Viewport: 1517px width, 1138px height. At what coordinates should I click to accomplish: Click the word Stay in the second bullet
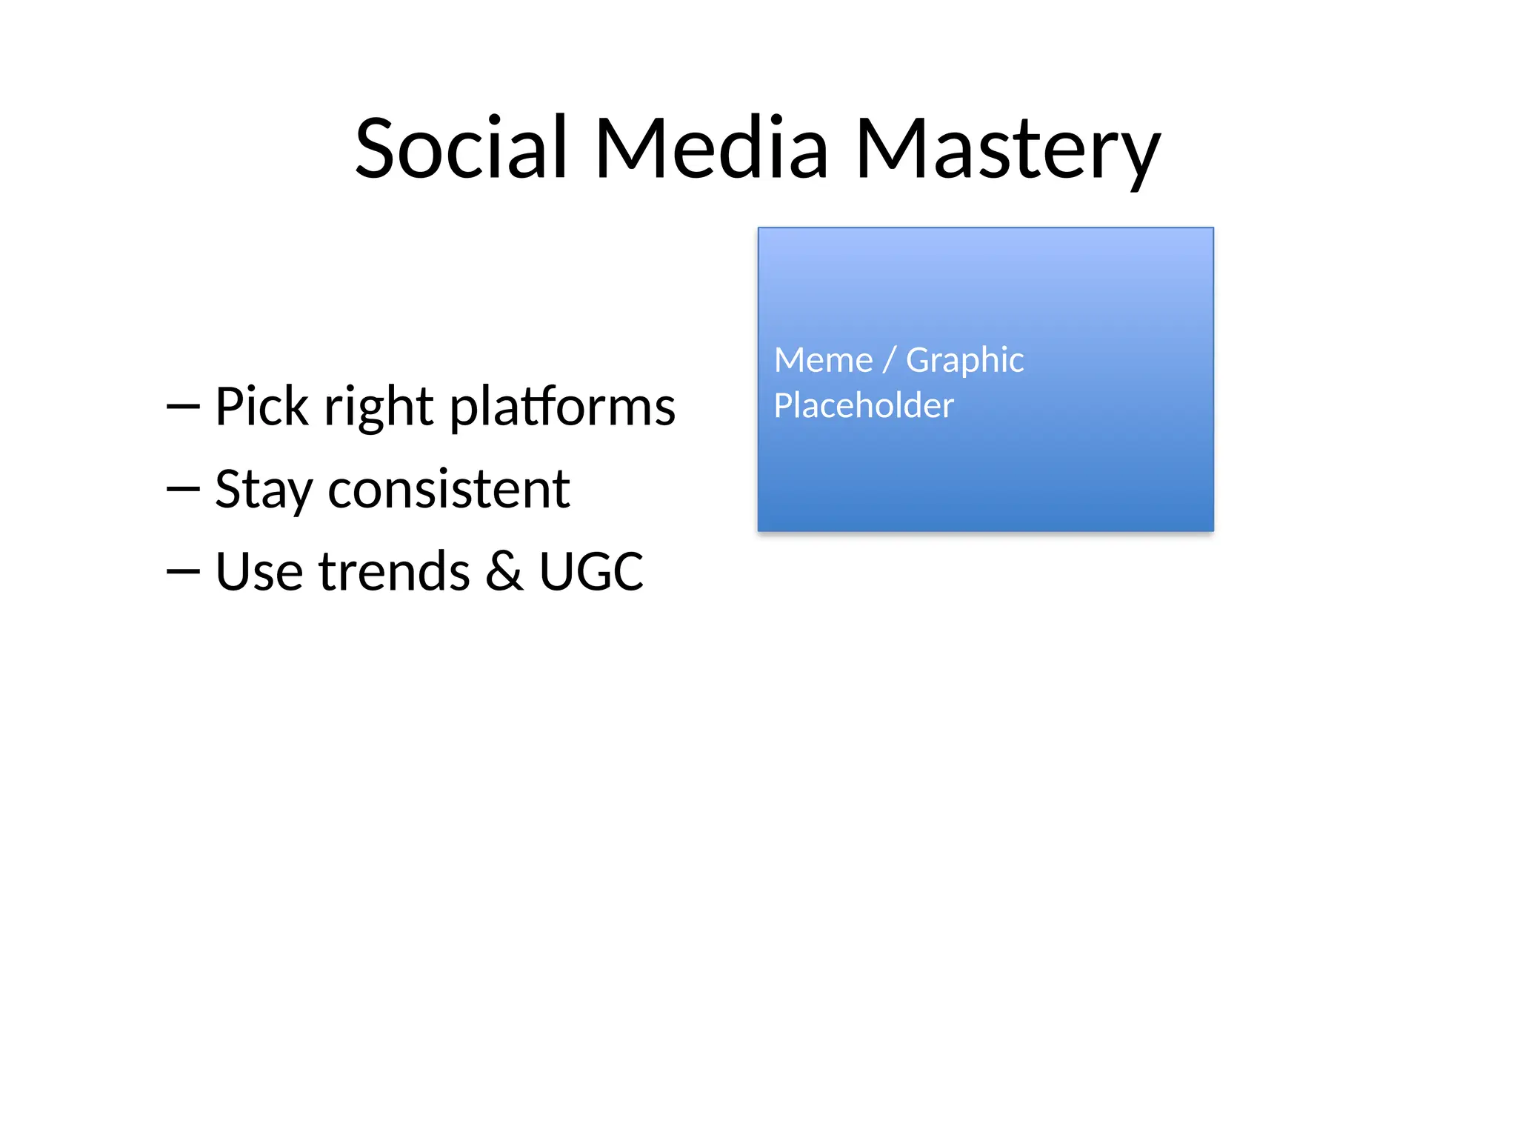point(263,490)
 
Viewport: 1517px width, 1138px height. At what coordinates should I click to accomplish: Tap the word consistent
point(448,490)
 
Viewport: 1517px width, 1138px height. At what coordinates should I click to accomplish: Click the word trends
point(394,572)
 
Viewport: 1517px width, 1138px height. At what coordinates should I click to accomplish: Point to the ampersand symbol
point(504,572)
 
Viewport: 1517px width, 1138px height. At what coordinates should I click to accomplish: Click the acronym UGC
point(591,572)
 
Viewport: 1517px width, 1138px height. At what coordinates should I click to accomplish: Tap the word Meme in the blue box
point(823,361)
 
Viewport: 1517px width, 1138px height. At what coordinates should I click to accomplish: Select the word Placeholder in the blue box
point(864,406)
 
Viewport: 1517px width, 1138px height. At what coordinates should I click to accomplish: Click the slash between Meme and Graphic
point(890,361)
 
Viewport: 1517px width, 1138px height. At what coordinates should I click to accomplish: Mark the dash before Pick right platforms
point(183,407)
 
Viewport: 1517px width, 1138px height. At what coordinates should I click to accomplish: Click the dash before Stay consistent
point(183,489)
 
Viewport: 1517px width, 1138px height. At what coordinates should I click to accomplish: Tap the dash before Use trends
point(183,571)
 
